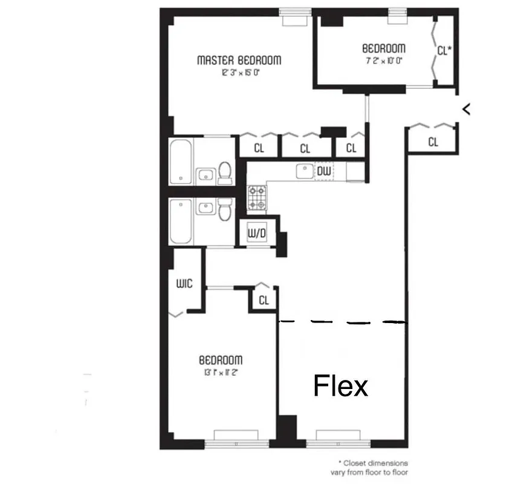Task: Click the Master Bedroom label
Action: pos(239,60)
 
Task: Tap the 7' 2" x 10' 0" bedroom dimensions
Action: pos(383,60)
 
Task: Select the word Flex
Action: pos(340,385)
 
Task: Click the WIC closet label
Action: pos(184,283)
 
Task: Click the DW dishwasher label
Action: pos(324,172)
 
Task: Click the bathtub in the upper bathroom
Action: pos(181,162)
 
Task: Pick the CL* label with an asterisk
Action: pos(444,51)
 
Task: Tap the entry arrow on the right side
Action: pos(466,109)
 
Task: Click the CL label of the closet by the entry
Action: pos(433,142)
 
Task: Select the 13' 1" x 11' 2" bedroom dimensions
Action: pos(221,372)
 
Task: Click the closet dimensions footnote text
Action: pos(369,467)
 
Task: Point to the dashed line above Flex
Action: pos(342,322)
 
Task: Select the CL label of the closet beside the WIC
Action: pos(264,300)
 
